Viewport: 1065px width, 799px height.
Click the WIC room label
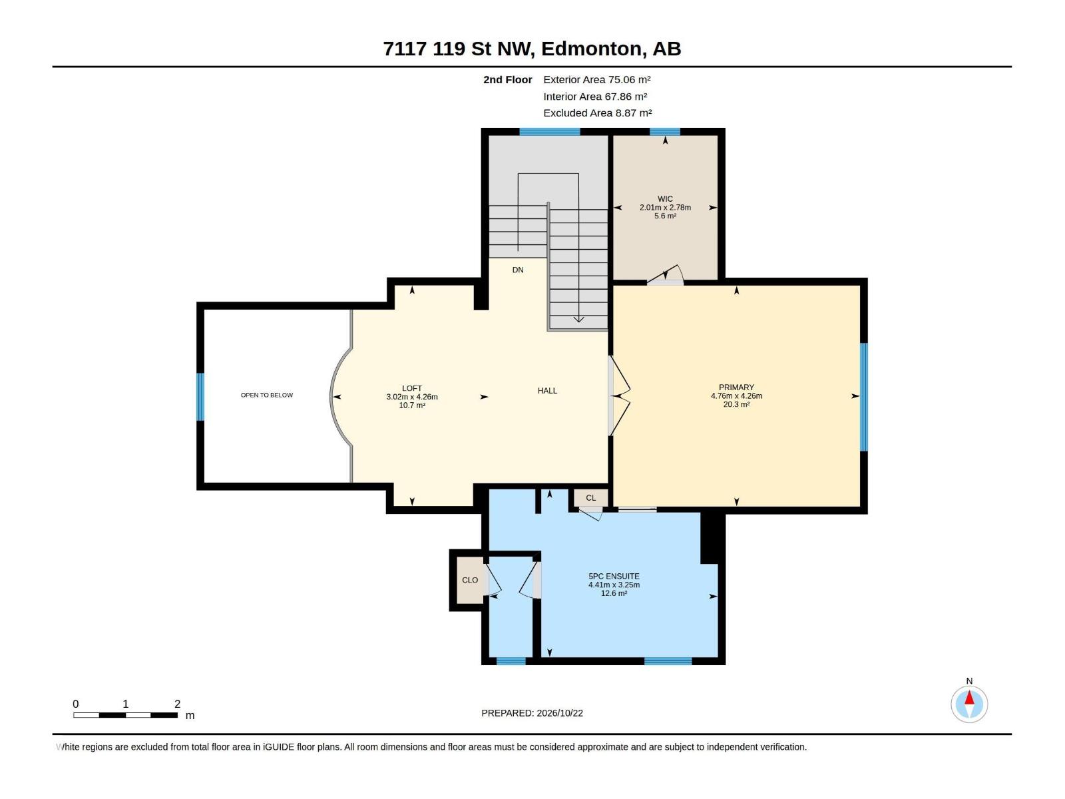(665, 199)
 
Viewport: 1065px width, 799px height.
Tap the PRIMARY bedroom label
(736, 387)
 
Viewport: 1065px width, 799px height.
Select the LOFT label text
(411, 388)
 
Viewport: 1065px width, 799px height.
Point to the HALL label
(547, 391)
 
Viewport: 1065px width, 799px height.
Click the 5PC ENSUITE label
(614, 577)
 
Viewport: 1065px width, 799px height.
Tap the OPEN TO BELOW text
(267, 395)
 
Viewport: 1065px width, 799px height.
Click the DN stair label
(518, 270)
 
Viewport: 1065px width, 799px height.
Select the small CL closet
(590, 498)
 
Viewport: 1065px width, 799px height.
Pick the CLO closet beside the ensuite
(470, 580)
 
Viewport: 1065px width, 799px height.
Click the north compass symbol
(969, 703)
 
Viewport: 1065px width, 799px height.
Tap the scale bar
(125, 714)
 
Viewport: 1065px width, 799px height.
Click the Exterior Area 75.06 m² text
(597, 79)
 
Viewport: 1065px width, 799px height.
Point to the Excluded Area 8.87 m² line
(597, 113)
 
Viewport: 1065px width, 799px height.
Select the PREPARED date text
(532, 712)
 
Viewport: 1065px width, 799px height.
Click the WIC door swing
(666, 274)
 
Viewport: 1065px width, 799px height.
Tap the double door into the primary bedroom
(619, 396)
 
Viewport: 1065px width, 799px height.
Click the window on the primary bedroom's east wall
(863, 397)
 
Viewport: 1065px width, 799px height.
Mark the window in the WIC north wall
(665, 131)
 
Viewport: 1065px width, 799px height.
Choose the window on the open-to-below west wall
(200, 396)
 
